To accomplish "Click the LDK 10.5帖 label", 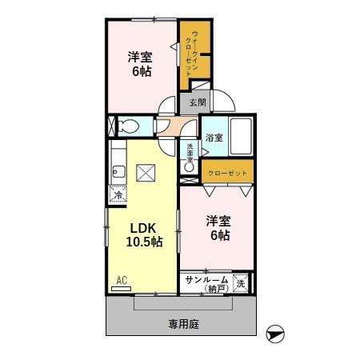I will (145, 234).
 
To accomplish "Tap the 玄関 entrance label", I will (198, 102).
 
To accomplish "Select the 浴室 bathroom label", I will (214, 138).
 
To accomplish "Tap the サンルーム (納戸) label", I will (206, 283).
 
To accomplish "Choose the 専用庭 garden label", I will (183, 324).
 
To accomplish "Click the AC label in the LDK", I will (122, 280).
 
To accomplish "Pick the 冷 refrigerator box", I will (118, 194).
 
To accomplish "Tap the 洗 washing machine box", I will (240, 282).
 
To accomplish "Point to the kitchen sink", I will (117, 170).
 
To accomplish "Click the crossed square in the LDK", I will (146, 173).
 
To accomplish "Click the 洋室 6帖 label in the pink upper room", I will (140, 63).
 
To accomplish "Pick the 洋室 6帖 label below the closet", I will (219, 228).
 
